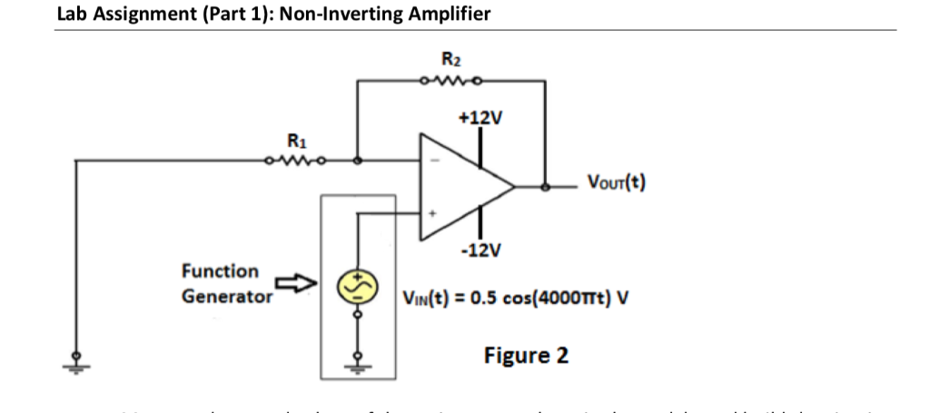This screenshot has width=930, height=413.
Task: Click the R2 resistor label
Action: click(451, 63)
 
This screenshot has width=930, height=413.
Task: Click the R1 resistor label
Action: click(296, 142)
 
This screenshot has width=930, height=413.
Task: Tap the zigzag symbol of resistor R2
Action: click(451, 81)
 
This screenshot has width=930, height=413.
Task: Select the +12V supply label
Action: click(480, 119)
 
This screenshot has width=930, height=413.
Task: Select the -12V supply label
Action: click(481, 251)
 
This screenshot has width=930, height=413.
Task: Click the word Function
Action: click(220, 270)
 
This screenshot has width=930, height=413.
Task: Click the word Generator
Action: click(226, 296)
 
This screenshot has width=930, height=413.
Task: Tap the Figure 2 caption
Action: click(526, 354)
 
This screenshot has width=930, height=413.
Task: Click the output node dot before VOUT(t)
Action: click(545, 188)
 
